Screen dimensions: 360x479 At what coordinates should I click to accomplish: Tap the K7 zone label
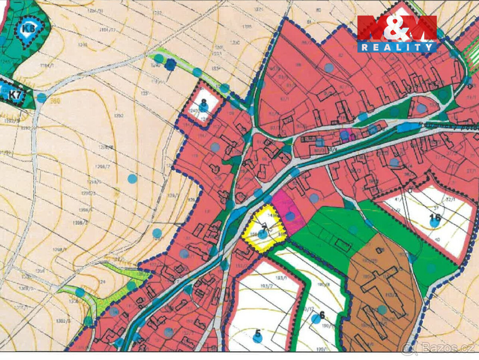(16, 95)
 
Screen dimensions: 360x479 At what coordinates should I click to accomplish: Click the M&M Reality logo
(397, 34)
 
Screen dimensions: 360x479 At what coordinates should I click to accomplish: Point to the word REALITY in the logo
(397, 48)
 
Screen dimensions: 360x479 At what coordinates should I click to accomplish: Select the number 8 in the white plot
(204, 102)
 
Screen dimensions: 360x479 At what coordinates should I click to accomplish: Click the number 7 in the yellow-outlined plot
(264, 228)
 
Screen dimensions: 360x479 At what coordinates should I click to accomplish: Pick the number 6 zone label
(322, 314)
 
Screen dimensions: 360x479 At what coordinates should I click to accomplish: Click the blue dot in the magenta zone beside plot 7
(290, 216)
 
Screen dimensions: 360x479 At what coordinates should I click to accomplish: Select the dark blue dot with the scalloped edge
(170, 64)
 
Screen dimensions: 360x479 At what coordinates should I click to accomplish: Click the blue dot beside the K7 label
(42, 97)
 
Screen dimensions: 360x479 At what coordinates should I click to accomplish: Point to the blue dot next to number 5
(258, 339)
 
